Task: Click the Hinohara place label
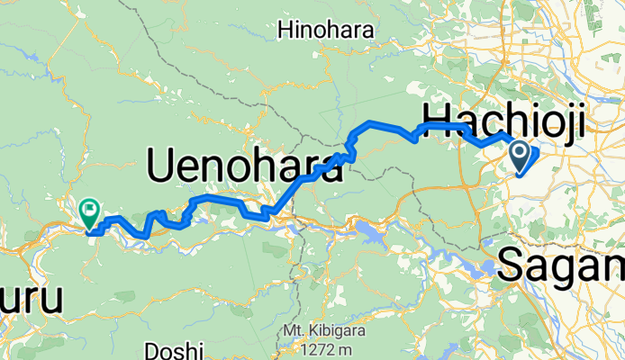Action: point(325,31)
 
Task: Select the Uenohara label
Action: point(244,166)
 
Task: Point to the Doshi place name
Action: point(176,349)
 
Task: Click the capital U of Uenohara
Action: point(162,166)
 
